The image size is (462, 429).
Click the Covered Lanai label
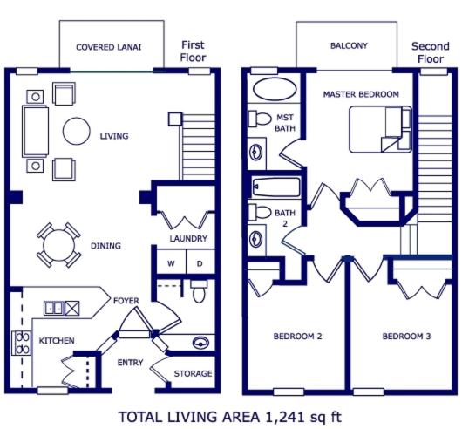pos(108,47)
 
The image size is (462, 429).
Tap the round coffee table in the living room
pos(77,131)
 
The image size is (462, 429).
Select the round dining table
pos(58,245)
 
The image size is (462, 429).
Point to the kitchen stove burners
pos(22,343)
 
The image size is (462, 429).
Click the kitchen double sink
pos(53,308)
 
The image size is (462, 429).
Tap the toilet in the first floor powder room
pos(199,291)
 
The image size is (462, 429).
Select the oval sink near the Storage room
pos(200,343)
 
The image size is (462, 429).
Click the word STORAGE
pos(193,373)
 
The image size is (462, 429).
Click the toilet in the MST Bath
pos(260,119)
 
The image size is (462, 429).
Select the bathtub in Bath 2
pos(276,187)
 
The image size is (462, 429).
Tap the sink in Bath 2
pos(255,239)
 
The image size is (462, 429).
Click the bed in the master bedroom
pos(380,129)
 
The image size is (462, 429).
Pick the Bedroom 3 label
pos(406,336)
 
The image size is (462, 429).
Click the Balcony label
pos(349,45)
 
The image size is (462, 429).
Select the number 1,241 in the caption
pos(285,417)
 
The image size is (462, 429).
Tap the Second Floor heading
pos(431,52)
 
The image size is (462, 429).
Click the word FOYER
pos(126,301)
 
